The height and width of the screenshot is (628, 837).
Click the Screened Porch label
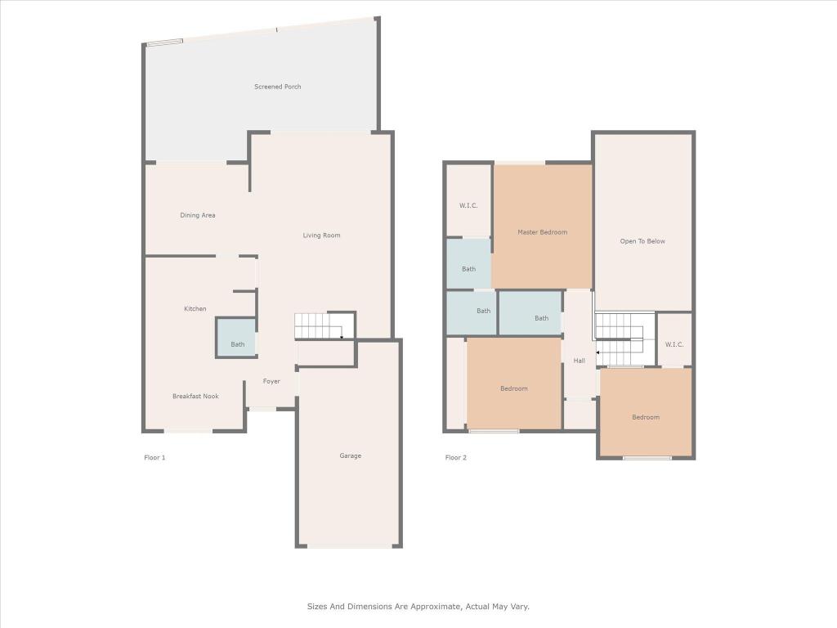(277, 87)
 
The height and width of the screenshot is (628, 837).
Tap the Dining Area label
(198, 215)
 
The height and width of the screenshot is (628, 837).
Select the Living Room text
(321, 235)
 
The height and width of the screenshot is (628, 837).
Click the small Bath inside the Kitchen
(237, 344)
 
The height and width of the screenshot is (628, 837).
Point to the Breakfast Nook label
(195, 396)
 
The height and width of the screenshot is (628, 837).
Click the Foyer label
(271, 381)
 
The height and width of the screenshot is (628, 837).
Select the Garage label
(351, 455)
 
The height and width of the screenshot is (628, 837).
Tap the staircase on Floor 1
(318, 327)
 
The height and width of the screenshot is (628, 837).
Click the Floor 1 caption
(154, 457)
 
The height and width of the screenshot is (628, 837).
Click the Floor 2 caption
(456, 457)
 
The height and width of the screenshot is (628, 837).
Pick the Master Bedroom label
(542, 232)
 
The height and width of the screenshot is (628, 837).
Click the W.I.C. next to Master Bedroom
(468, 205)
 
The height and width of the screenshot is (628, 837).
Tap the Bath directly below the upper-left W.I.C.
(468, 269)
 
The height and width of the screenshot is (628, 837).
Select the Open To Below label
(642, 241)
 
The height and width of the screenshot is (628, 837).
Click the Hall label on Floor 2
(579, 361)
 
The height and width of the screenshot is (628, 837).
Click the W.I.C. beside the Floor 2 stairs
(674, 344)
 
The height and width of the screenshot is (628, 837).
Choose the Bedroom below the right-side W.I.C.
(645, 417)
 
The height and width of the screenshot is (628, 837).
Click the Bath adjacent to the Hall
(541, 318)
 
